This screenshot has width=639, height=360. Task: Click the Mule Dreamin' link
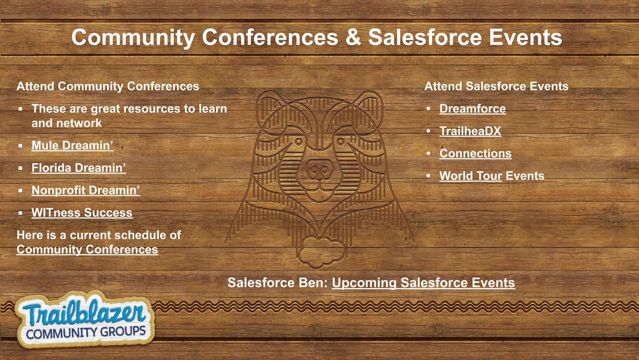tap(72, 145)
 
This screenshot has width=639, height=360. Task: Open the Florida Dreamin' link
tap(79, 168)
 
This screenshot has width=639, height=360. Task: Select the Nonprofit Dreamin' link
tap(85, 190)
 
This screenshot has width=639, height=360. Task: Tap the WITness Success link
tap(82, 213)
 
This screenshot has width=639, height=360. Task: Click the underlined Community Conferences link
tap(87, 249)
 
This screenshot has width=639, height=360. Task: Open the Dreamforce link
tap(472, 109)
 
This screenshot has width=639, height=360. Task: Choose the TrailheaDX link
tap(470, 131)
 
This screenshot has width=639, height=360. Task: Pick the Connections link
tap(475, 154)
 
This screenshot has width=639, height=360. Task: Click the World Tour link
tap(471, 176)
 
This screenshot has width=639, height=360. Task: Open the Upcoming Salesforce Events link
tap(423, 283)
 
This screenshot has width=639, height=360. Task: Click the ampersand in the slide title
tap(353, 37)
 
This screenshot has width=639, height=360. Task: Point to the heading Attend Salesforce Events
tap(496, 86)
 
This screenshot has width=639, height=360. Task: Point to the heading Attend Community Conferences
tap(108, 86)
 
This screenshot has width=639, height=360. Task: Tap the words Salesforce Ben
tap(277, 283)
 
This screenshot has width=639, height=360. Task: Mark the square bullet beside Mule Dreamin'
tap(21, 146)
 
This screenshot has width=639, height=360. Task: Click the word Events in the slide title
tap(525, 37)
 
